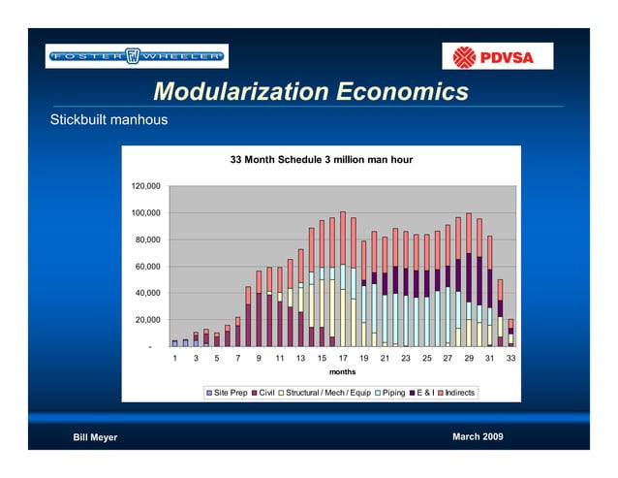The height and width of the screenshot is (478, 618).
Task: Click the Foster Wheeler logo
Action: pos(137,56)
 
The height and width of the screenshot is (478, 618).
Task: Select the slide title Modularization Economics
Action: pos(310,93)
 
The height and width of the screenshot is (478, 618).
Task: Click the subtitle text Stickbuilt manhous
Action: pos(109,121)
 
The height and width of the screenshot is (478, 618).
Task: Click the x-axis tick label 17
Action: pos(342,358)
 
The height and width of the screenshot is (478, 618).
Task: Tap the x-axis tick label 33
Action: pos(510,358)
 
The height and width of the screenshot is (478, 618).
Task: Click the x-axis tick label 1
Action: pos(174,358)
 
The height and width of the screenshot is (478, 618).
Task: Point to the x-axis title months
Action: pos(342,371)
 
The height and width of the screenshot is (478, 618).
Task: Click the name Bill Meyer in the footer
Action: pos(96,437)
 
